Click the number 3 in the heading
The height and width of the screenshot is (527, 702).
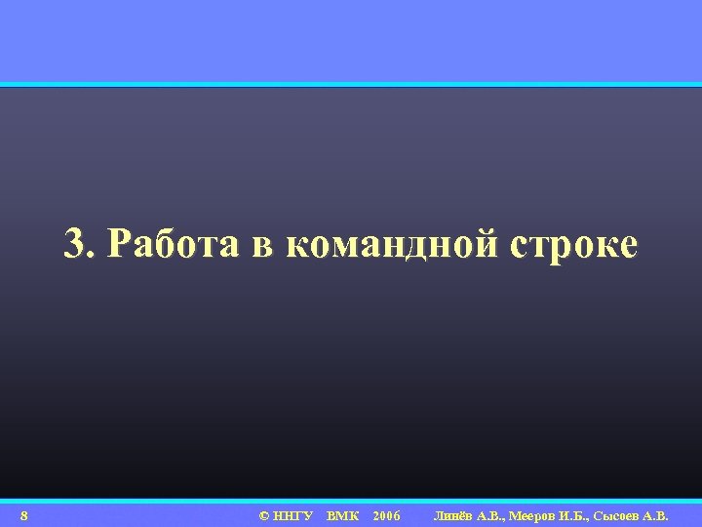(x=75, y=244)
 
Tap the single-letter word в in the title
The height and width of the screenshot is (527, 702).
(x=263, y=246)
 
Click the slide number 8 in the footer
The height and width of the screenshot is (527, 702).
(x=23, y=515)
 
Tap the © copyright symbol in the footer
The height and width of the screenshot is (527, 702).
(x=264, y=515)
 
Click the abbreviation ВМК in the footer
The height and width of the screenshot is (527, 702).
(x=343, y=515)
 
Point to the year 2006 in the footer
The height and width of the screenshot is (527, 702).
(x=386, y=515)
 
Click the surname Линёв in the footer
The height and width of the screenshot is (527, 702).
(x=453, y=515)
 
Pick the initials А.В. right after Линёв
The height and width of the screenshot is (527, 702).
(x=493, y=515)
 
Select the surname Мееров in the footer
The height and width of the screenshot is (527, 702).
(x=538, y=515)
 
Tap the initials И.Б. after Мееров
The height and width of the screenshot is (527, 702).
(x=580, y=515)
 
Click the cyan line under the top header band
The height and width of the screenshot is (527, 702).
(x=351, y=85)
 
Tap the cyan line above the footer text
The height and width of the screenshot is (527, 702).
(x=351, y=502)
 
